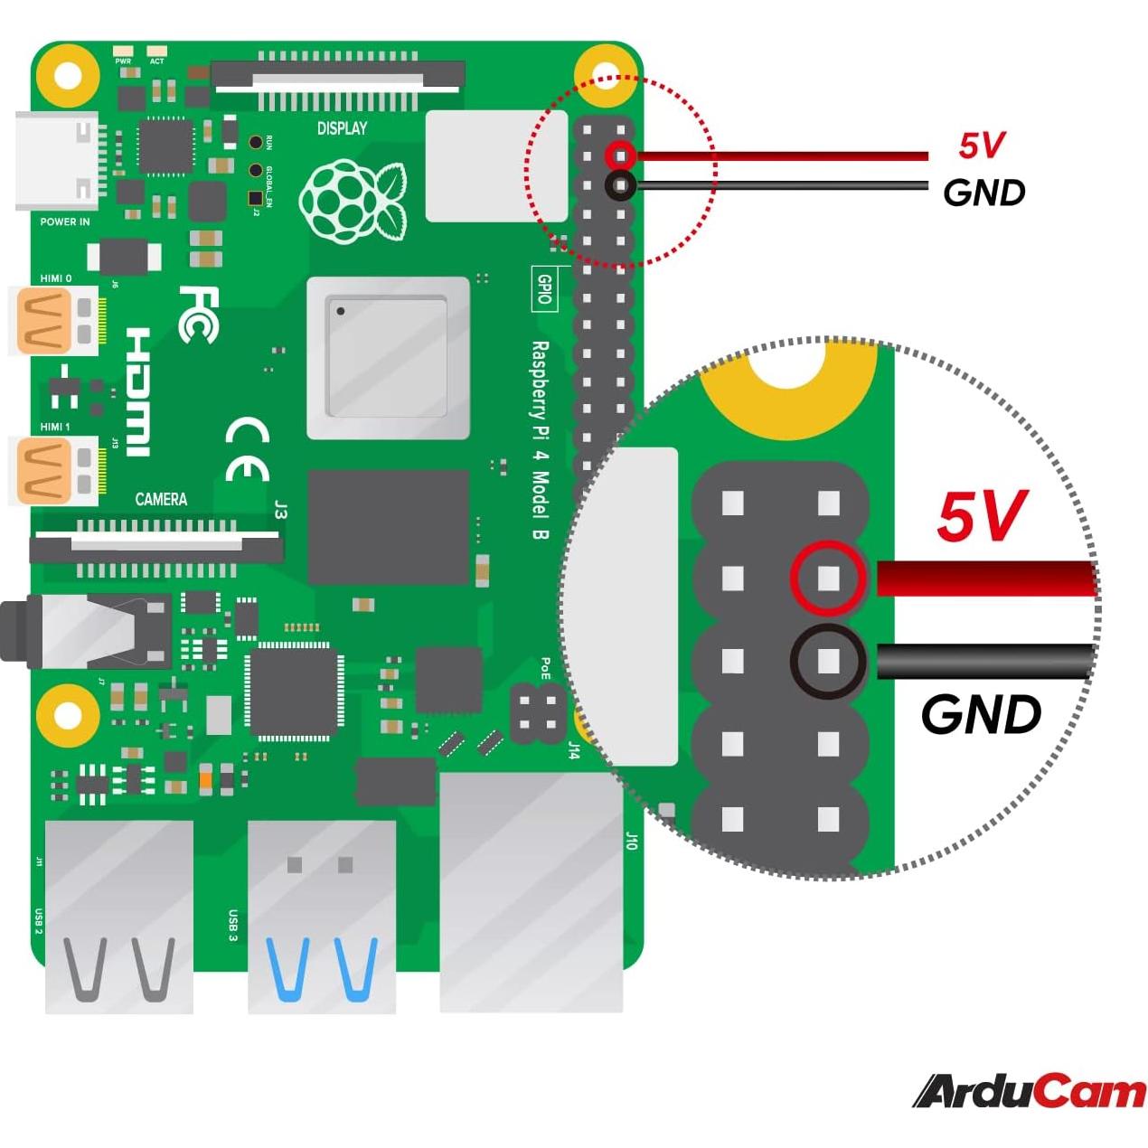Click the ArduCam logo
(x=1030, y=1091)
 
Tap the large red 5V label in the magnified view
(x=982, y=517)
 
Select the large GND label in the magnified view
(x=981, y=715)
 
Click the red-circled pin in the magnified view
(x=828, y=579)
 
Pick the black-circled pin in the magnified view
(x=828, y=662)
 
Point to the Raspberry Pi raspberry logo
(x=352, y=201)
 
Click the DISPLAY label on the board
(x=342, y=128)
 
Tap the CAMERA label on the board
(x=161, y=499)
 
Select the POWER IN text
(x=65, y=221)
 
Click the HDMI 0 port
(x=54, y=321)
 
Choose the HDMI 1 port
(x=54, y=470)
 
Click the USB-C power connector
(x=56, y=161)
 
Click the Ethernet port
(x=532, y=890)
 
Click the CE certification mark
(x=247, y=449)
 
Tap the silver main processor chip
(x=388, y=358)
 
